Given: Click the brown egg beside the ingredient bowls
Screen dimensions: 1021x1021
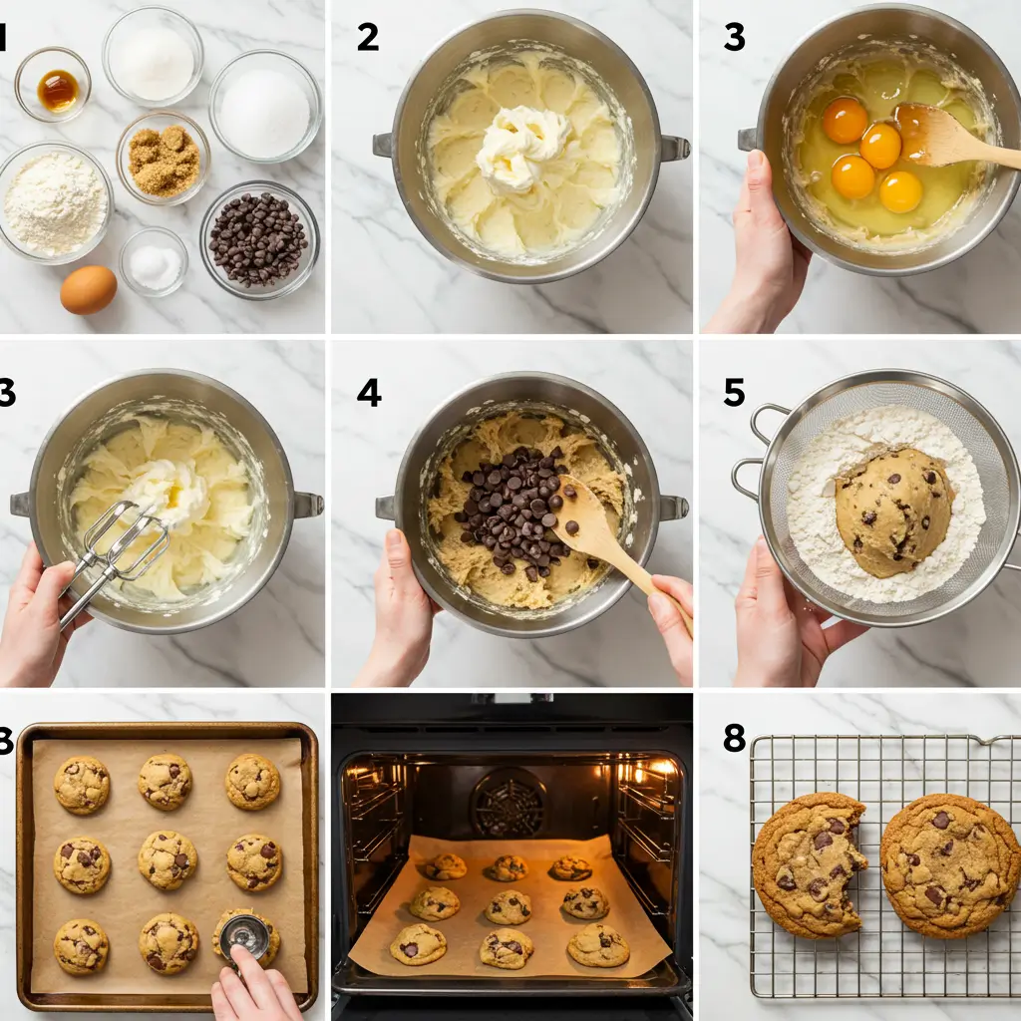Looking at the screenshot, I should pyautogui.click(x=88, y=290).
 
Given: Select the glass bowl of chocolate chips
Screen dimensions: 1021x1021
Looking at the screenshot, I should pyautogui.click(x=259, y=239).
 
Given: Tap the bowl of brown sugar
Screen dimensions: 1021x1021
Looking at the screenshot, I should pyautogui.click(x=164, y=160).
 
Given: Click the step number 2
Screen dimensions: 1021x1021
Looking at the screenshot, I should pyautogui.click(x=368, y=38).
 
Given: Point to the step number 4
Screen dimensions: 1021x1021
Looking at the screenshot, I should pyautogui.click(x=368, y=393).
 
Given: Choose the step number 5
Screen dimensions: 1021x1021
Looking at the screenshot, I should pyautogui.click(x=734, y=393).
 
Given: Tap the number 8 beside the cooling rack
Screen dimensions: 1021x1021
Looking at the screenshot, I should pyautogui.click(x=734, y=739).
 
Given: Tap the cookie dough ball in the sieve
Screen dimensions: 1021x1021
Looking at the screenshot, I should pyautogui.click(x=892, y=510).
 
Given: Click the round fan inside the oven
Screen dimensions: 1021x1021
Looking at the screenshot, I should pyautogui.click(x=509, y=802).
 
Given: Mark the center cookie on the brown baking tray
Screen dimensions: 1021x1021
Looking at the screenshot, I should pyautogui.click(x=167, y=858).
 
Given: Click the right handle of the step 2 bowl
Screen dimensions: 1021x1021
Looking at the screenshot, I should pyautogui.click(x=674, y=149).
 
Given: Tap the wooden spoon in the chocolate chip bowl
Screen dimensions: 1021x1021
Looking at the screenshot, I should pyautogui.click(x=608, y=538).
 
